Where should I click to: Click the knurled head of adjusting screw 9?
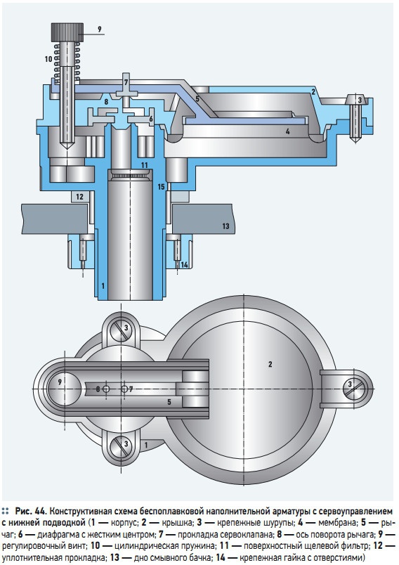[67, 32]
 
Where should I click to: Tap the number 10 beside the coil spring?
[48, 59]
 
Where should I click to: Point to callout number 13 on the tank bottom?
[225, 226]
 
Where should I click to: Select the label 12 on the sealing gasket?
[79, 197]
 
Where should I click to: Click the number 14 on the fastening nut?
[184, 265]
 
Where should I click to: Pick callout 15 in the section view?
[162, 187]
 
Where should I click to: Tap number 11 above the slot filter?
[145, 165]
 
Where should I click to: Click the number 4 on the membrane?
[288, 132]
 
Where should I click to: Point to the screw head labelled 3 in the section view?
[359, 100]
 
